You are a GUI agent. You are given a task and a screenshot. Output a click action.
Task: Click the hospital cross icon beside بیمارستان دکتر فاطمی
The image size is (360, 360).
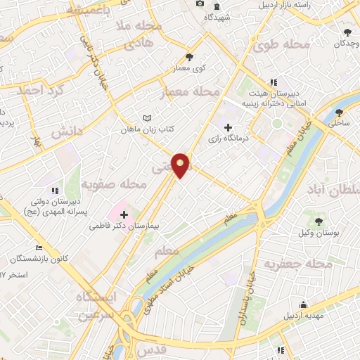tap(124, 214)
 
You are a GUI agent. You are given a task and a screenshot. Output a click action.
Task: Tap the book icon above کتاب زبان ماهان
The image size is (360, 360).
tap(146, 118)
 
